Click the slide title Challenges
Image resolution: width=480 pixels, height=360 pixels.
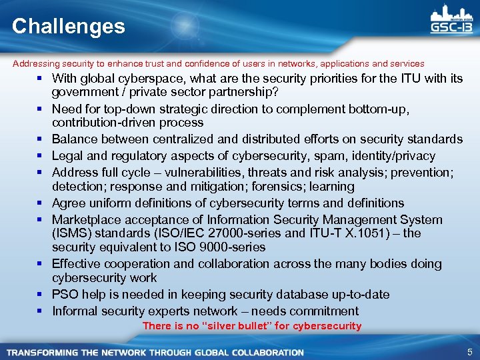[x=68, y=26]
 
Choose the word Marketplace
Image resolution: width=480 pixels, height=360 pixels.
[x=85, y=220]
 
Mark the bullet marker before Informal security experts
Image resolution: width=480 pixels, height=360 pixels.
[x=41, y=311]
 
